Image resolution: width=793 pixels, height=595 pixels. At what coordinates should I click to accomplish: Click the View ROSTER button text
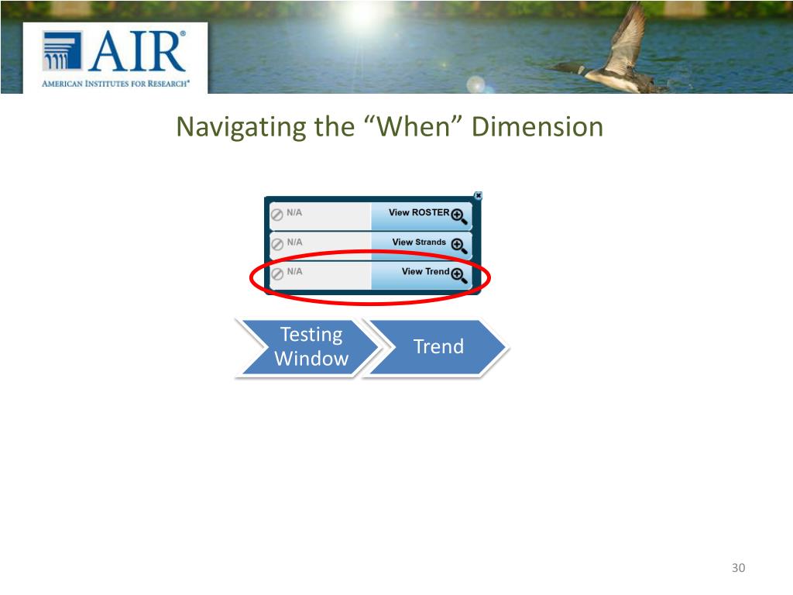[x=418, y=212]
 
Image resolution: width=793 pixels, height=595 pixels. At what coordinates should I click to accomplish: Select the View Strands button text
[x=418, y=242]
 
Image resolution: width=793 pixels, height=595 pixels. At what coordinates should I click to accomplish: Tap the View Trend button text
[x=425, y=271]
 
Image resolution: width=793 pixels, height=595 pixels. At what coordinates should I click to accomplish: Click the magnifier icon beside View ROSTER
[x=458, y=215]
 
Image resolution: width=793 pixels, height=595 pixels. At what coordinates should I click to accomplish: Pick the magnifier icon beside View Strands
[x=458, y=246]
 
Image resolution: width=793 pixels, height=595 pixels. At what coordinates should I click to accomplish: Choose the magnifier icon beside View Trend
[x=458, y=275]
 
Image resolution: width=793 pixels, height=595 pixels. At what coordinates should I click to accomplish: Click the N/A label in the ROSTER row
[x=294, y=212]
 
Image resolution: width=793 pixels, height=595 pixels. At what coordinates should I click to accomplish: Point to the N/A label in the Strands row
[x=294, y=242]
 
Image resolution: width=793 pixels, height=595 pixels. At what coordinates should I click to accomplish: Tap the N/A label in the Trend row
[x=294, y=271]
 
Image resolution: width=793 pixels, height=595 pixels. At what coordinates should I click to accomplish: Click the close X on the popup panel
[x=478, y=196]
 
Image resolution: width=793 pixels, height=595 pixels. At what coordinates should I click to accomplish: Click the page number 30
[x=738, y=569]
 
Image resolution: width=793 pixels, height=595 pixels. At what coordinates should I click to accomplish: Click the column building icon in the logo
[x=62, y=50]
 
